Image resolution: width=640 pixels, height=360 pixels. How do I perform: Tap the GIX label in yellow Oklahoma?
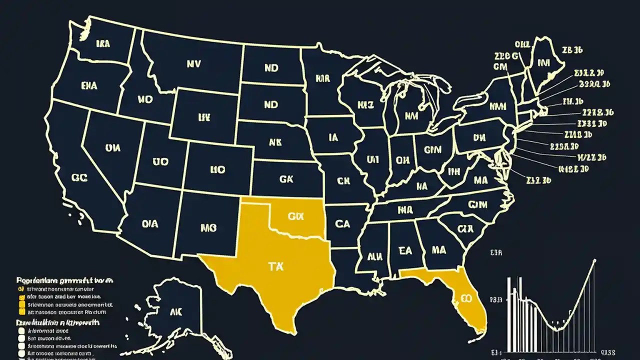coord(296,216)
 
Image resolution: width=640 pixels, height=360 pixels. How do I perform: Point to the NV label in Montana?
coord(193,64)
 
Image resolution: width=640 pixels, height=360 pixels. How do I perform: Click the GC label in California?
coord(79,177)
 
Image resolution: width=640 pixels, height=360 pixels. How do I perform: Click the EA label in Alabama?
coord(405,250)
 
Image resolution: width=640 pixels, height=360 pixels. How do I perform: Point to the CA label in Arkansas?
coord(342,224)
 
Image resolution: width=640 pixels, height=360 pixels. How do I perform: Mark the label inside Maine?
coord(543,63)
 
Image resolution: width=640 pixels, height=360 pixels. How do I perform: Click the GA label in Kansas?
coord(286,178)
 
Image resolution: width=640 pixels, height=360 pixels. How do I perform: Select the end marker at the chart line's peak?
coord(594,260)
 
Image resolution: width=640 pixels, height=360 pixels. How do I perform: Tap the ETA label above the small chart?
coord(496,253)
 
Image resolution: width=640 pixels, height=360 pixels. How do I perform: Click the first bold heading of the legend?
coord(65,280)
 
